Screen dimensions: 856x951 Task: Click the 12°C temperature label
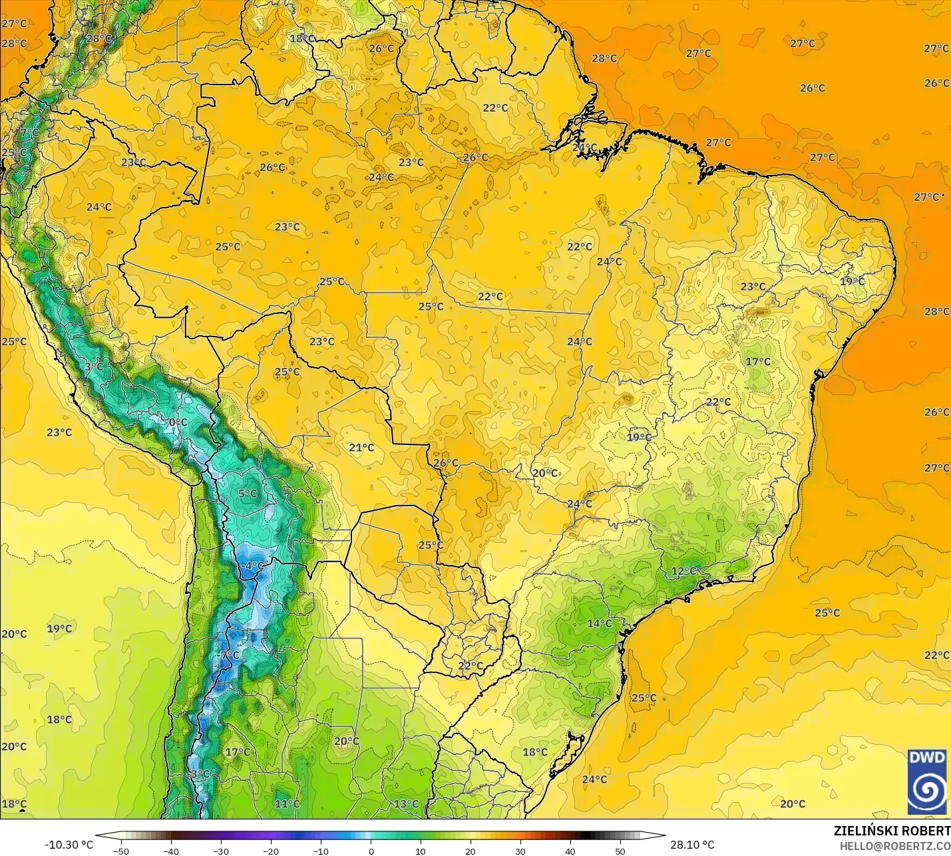[683, 571]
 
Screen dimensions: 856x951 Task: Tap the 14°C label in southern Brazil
[599, 623]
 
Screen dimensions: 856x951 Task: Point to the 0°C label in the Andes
[178, 422]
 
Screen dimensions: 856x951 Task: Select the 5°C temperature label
[248, 494]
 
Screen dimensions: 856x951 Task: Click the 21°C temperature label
[361, 448]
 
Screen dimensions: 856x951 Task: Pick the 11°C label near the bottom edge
[287, 803]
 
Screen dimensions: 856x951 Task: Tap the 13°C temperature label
[406, 803]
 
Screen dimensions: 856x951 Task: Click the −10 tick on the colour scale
[320, 851]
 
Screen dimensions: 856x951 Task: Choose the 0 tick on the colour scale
[371, 851]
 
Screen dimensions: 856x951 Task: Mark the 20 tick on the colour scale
[471, 851]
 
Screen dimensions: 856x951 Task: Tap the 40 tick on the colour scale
[570, 851]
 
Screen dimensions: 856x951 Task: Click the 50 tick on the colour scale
[620, 851]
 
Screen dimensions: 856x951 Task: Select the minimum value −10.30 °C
[69, 845]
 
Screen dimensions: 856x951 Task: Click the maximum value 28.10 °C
[692, 845]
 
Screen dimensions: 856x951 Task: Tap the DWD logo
[927, 782]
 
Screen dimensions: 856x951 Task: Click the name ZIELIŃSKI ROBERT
[892, 831]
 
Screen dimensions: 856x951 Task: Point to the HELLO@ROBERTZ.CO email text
[894, 846]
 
